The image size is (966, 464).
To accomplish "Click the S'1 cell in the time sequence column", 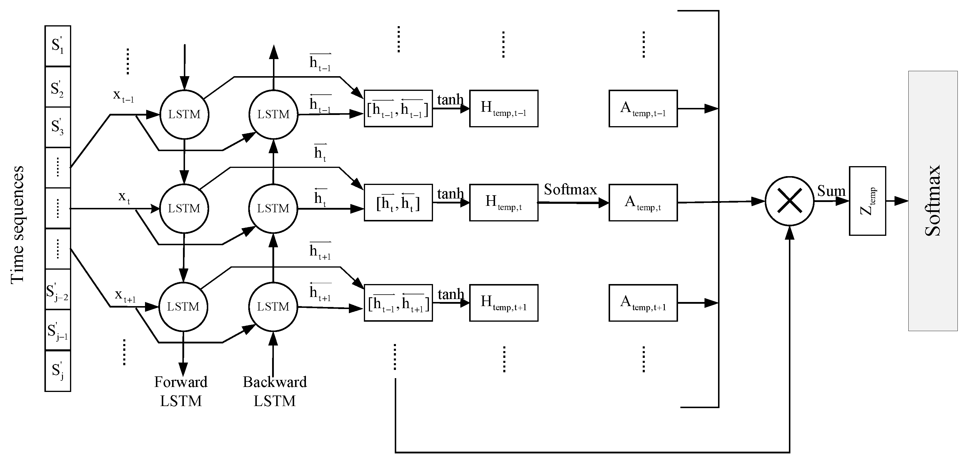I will tap(57, 46).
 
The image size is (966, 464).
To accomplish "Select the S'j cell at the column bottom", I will tap(57, 371).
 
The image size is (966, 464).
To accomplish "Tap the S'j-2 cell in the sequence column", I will tap(57, 289).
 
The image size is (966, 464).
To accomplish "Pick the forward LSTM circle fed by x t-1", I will tap(184, 114).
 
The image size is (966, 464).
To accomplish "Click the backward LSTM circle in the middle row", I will tap(273, 208).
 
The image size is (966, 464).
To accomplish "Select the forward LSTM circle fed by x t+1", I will tap(183, 307).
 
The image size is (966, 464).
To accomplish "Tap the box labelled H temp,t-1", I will tap(503, 108).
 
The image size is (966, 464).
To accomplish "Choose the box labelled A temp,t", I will tap(643, 202).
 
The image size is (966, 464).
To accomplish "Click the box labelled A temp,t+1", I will tap(643, 303).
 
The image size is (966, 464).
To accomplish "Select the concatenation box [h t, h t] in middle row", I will tap(398, 202).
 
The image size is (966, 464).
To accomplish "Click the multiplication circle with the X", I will tap(790, 201).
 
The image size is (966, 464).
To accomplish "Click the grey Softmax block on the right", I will tap(933, 201).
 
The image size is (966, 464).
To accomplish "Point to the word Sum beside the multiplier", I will tap(831, 191).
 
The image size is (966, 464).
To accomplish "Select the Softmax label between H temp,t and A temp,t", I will tap(570, 189).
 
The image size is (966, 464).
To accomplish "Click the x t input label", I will tap(124, 196).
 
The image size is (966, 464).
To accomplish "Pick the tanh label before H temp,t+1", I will tap(451, 294).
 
